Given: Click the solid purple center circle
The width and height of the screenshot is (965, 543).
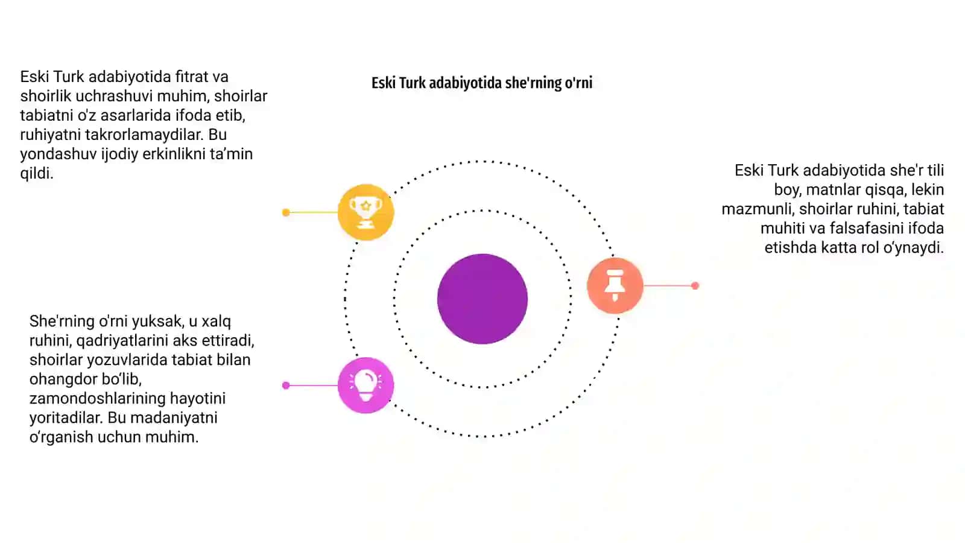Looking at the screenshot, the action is (x=482, y=299).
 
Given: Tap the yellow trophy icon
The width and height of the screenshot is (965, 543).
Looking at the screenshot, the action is (x=365, y=212).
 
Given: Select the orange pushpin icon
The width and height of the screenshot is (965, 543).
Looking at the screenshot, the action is (x=615, y=285).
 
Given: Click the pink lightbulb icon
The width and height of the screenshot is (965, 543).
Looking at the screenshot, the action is (x=365, y=386).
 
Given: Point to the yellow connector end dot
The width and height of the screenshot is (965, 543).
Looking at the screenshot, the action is (x=286, y=212).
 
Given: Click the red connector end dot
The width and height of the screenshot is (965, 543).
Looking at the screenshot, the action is (x=695, y=286).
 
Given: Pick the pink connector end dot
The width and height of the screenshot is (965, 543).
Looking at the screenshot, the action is (x=286, y=386).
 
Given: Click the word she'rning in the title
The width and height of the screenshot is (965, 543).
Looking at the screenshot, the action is (x=532, y=83).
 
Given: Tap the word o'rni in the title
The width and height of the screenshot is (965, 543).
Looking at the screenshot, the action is (x=578, y=82).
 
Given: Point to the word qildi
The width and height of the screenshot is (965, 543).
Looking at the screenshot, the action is (x=37, y=174).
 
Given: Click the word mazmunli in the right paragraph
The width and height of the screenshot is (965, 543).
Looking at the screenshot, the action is (x=758, y=209).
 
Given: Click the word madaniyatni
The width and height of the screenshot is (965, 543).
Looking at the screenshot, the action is (x=174, y=418).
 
